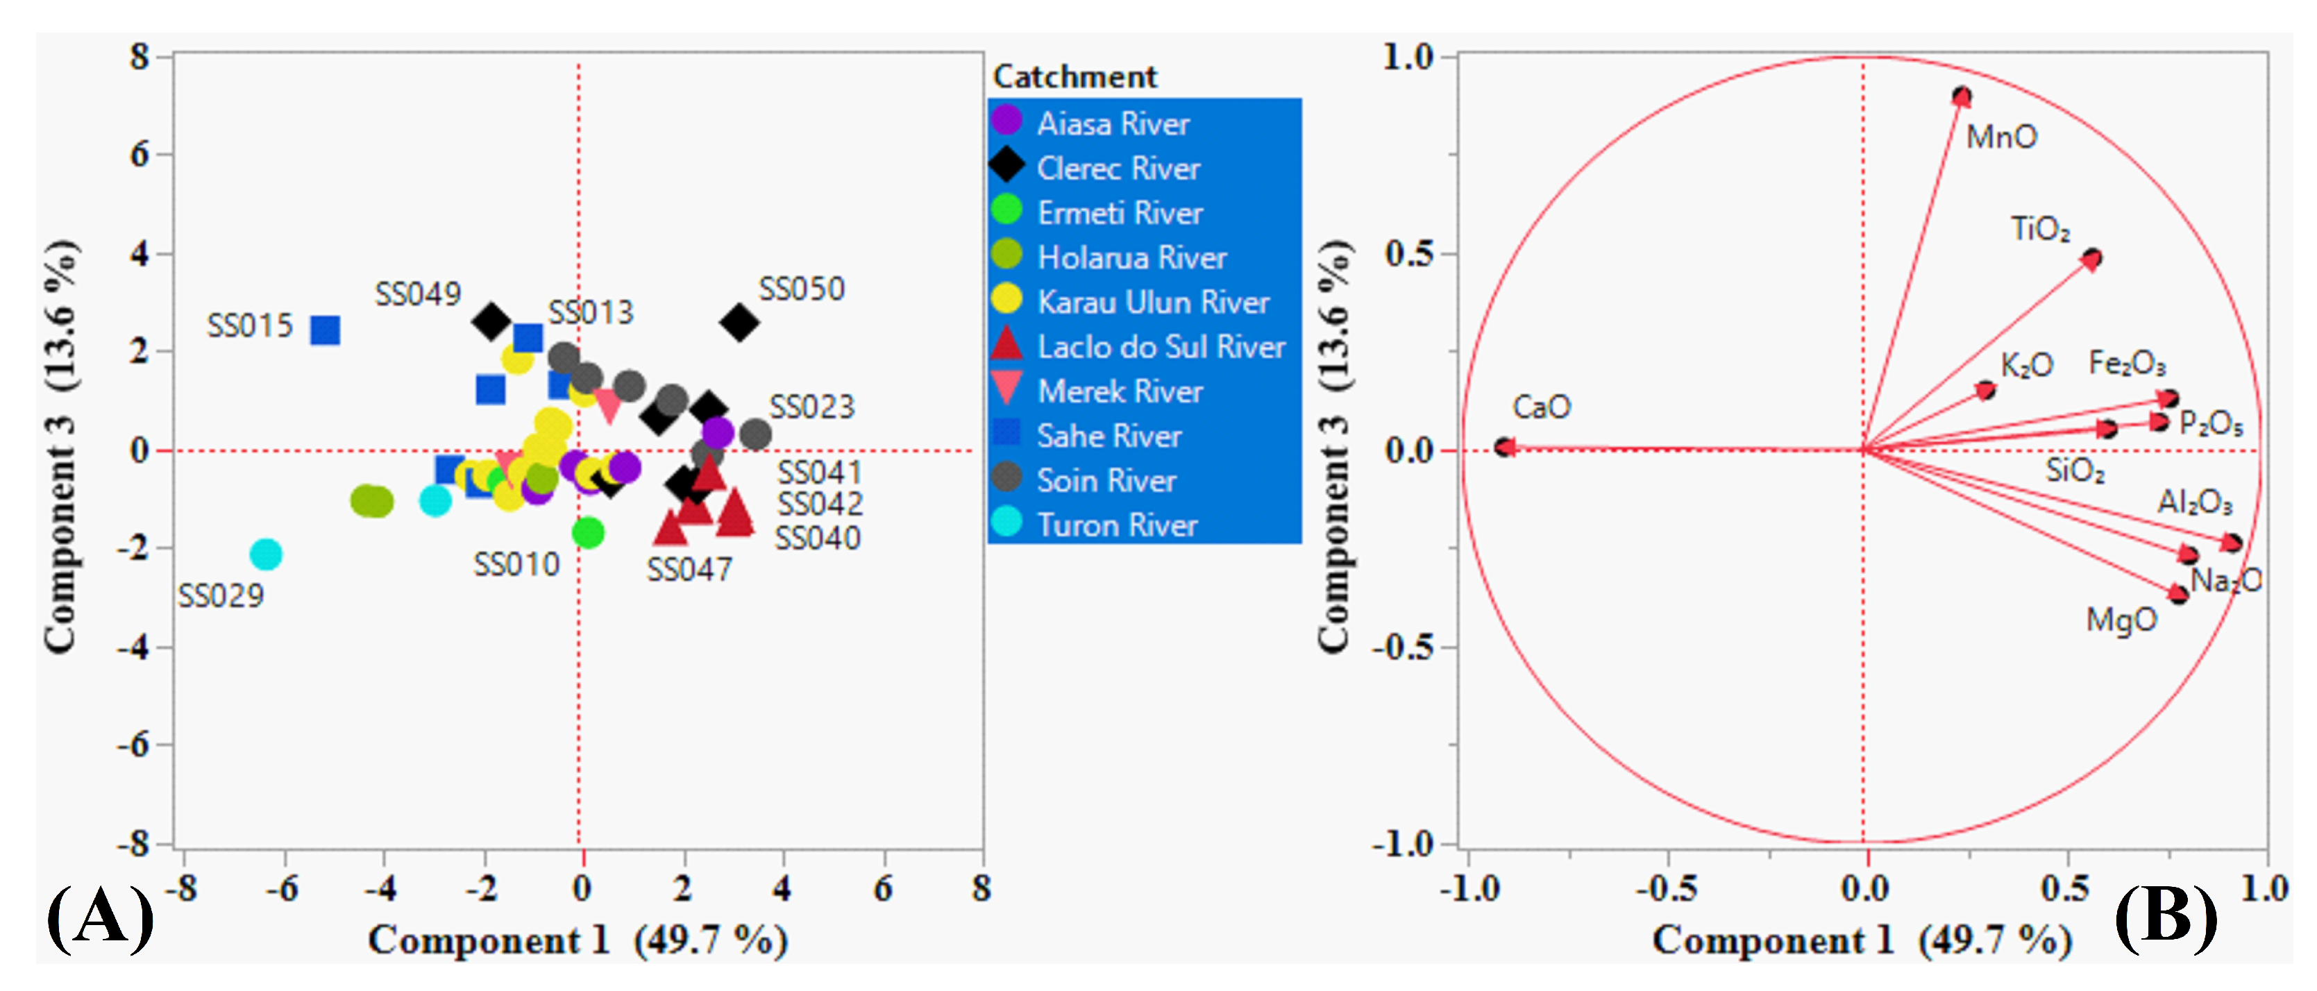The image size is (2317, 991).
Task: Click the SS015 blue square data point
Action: [325, 330]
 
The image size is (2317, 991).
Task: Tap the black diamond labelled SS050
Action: [739, 323]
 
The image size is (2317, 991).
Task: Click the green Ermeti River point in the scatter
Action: [587, 532]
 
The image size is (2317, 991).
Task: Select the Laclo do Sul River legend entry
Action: [1161, 346]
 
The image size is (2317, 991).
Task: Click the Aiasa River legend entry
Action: [1113, 124]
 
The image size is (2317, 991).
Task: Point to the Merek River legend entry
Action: [1120, 391]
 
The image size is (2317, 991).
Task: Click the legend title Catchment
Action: [1074, 76]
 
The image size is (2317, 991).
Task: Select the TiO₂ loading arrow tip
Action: [2092, 259]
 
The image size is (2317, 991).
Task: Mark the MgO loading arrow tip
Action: [2177, 593]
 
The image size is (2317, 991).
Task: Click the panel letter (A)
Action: [99, 917]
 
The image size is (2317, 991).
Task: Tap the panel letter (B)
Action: [2165, 917]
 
